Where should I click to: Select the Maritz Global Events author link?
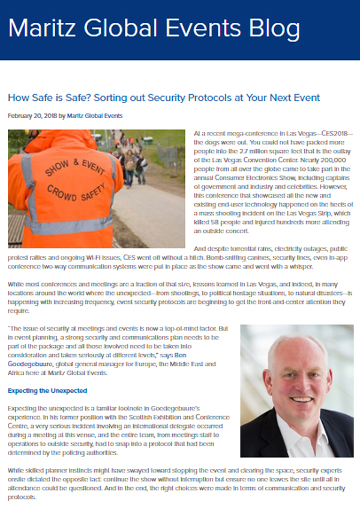(x=94, y=115)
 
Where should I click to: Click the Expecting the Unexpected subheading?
(x=47, y=391)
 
